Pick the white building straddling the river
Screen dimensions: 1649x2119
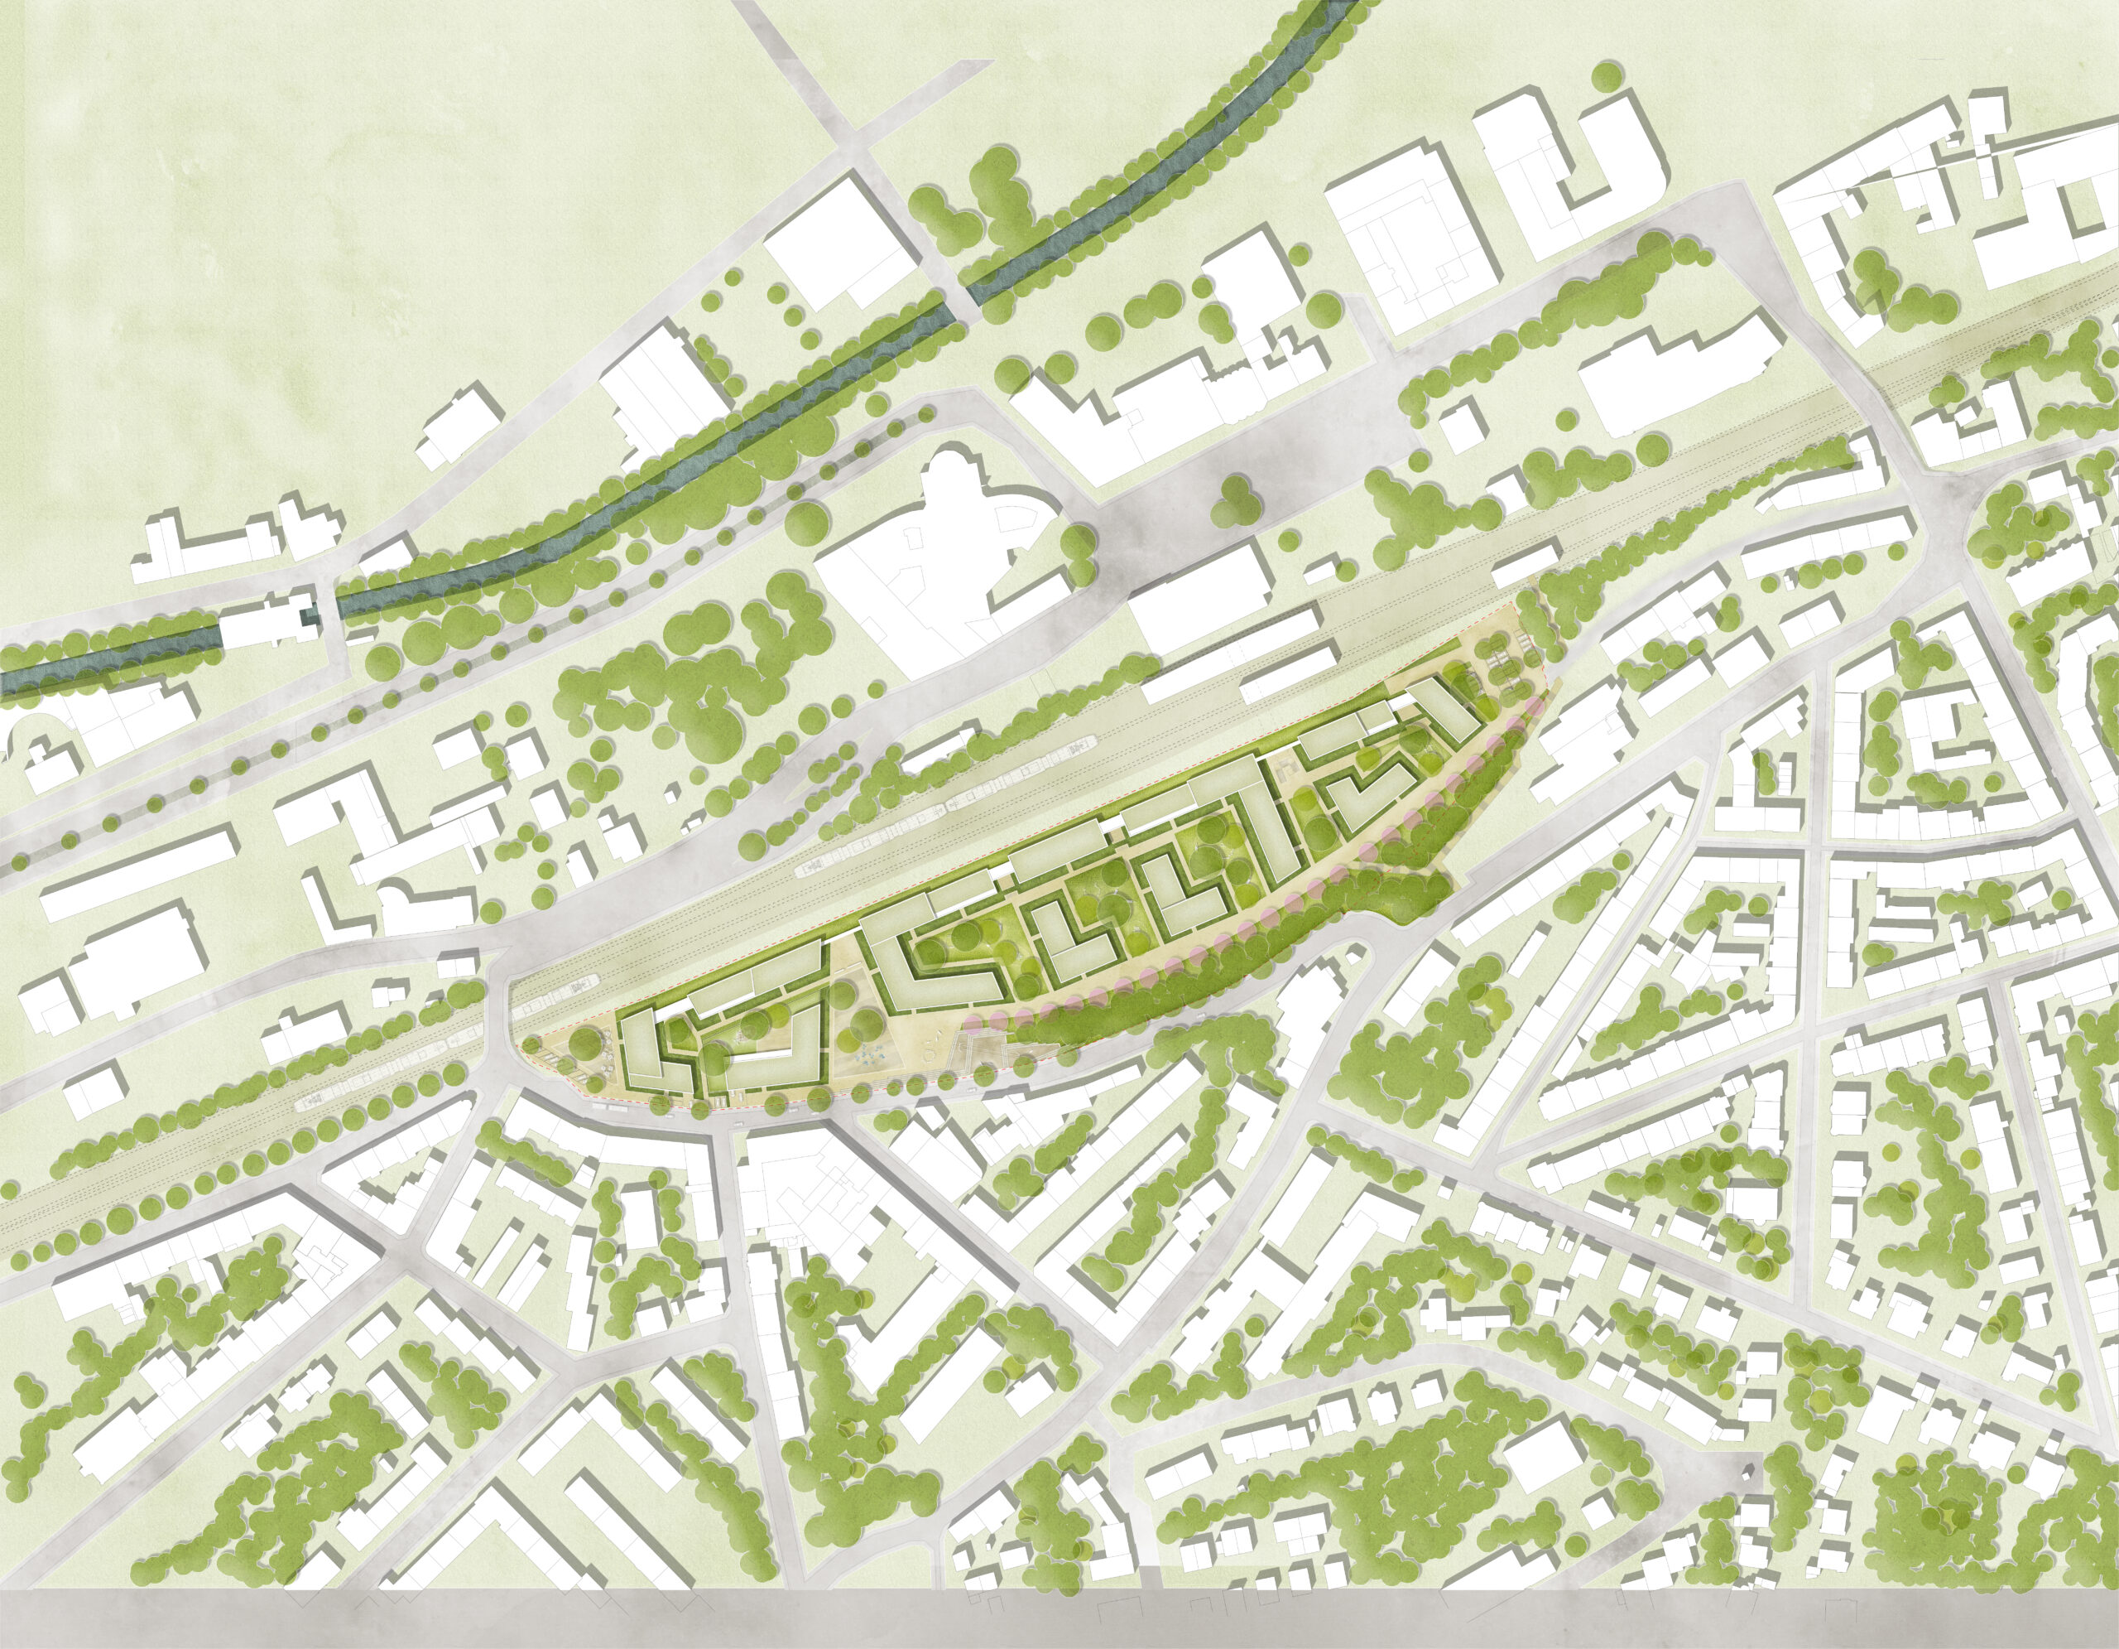pyautogui.click(x=267, y=621)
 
